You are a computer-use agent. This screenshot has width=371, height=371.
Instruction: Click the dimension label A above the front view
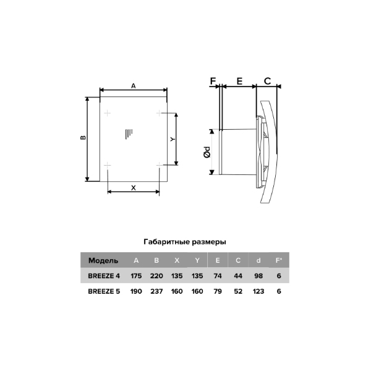134,86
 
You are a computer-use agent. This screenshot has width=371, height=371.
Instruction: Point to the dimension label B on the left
83,137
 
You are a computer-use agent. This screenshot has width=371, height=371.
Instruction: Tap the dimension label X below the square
134,188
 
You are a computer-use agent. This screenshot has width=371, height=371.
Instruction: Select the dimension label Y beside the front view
173,139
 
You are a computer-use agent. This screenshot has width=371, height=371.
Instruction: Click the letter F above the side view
213,81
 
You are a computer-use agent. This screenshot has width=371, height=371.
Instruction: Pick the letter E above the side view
239,81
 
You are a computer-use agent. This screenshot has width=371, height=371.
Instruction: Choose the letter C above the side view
267,81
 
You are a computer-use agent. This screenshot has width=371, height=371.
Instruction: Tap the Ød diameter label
207,152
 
